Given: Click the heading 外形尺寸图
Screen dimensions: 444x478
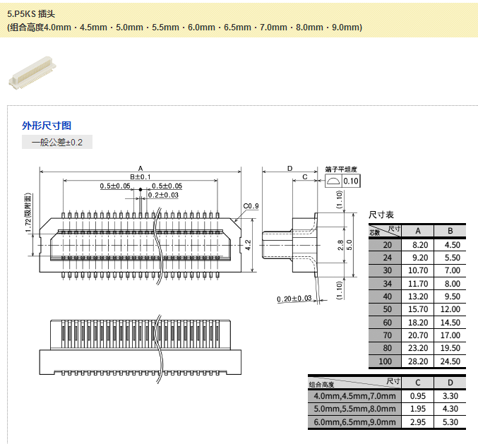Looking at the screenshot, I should (47, 126).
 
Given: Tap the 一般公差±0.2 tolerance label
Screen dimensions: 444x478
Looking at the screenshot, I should (57, 143).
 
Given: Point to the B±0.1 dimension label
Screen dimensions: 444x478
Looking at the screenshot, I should (140, 176).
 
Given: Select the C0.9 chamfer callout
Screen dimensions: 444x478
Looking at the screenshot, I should (251, 206).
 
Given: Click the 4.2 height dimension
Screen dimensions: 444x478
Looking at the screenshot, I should (248, 244).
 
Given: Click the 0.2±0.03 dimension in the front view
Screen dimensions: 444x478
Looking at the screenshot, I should (163, 195).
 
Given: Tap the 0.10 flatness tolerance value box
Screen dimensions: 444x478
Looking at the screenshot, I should (351, 181).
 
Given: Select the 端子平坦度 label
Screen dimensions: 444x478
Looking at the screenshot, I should (341, 170).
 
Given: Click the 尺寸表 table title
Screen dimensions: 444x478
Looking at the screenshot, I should (381, 214).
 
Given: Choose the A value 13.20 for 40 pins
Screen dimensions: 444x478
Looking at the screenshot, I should (418, 296).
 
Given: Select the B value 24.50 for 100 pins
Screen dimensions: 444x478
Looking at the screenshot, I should (450, 361).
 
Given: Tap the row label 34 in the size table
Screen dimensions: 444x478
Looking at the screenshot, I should (386, 283).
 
